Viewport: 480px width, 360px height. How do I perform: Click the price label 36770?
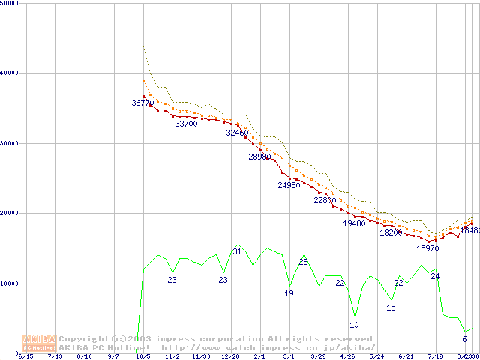click(142, 103)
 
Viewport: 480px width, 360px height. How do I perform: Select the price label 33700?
click(186, 124)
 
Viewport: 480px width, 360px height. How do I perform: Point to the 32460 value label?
click(237, 133)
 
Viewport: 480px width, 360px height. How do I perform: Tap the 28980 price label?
click(259, 157)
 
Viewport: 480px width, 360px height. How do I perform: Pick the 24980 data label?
click(289, 185)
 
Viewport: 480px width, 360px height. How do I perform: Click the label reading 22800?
click(325, 201)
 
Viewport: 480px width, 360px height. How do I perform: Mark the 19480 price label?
click(354, 223)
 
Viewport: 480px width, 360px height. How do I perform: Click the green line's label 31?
click(237, 251)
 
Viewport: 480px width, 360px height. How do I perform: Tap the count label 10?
click(354, 325)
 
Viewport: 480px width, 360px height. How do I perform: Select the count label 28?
click(303, 262)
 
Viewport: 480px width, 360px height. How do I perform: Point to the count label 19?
click(289, 293)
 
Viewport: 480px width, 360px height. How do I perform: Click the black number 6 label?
click(464, 339)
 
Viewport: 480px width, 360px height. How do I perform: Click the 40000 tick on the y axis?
click(10, 73)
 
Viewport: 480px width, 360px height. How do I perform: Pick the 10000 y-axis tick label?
click(10, 283)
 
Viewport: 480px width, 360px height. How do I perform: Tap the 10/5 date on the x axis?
click(142, 356)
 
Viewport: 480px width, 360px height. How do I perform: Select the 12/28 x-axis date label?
click(229, 356)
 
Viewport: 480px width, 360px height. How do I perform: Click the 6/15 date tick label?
click(25, 356)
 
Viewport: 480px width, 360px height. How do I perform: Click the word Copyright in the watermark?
click(83, 339)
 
